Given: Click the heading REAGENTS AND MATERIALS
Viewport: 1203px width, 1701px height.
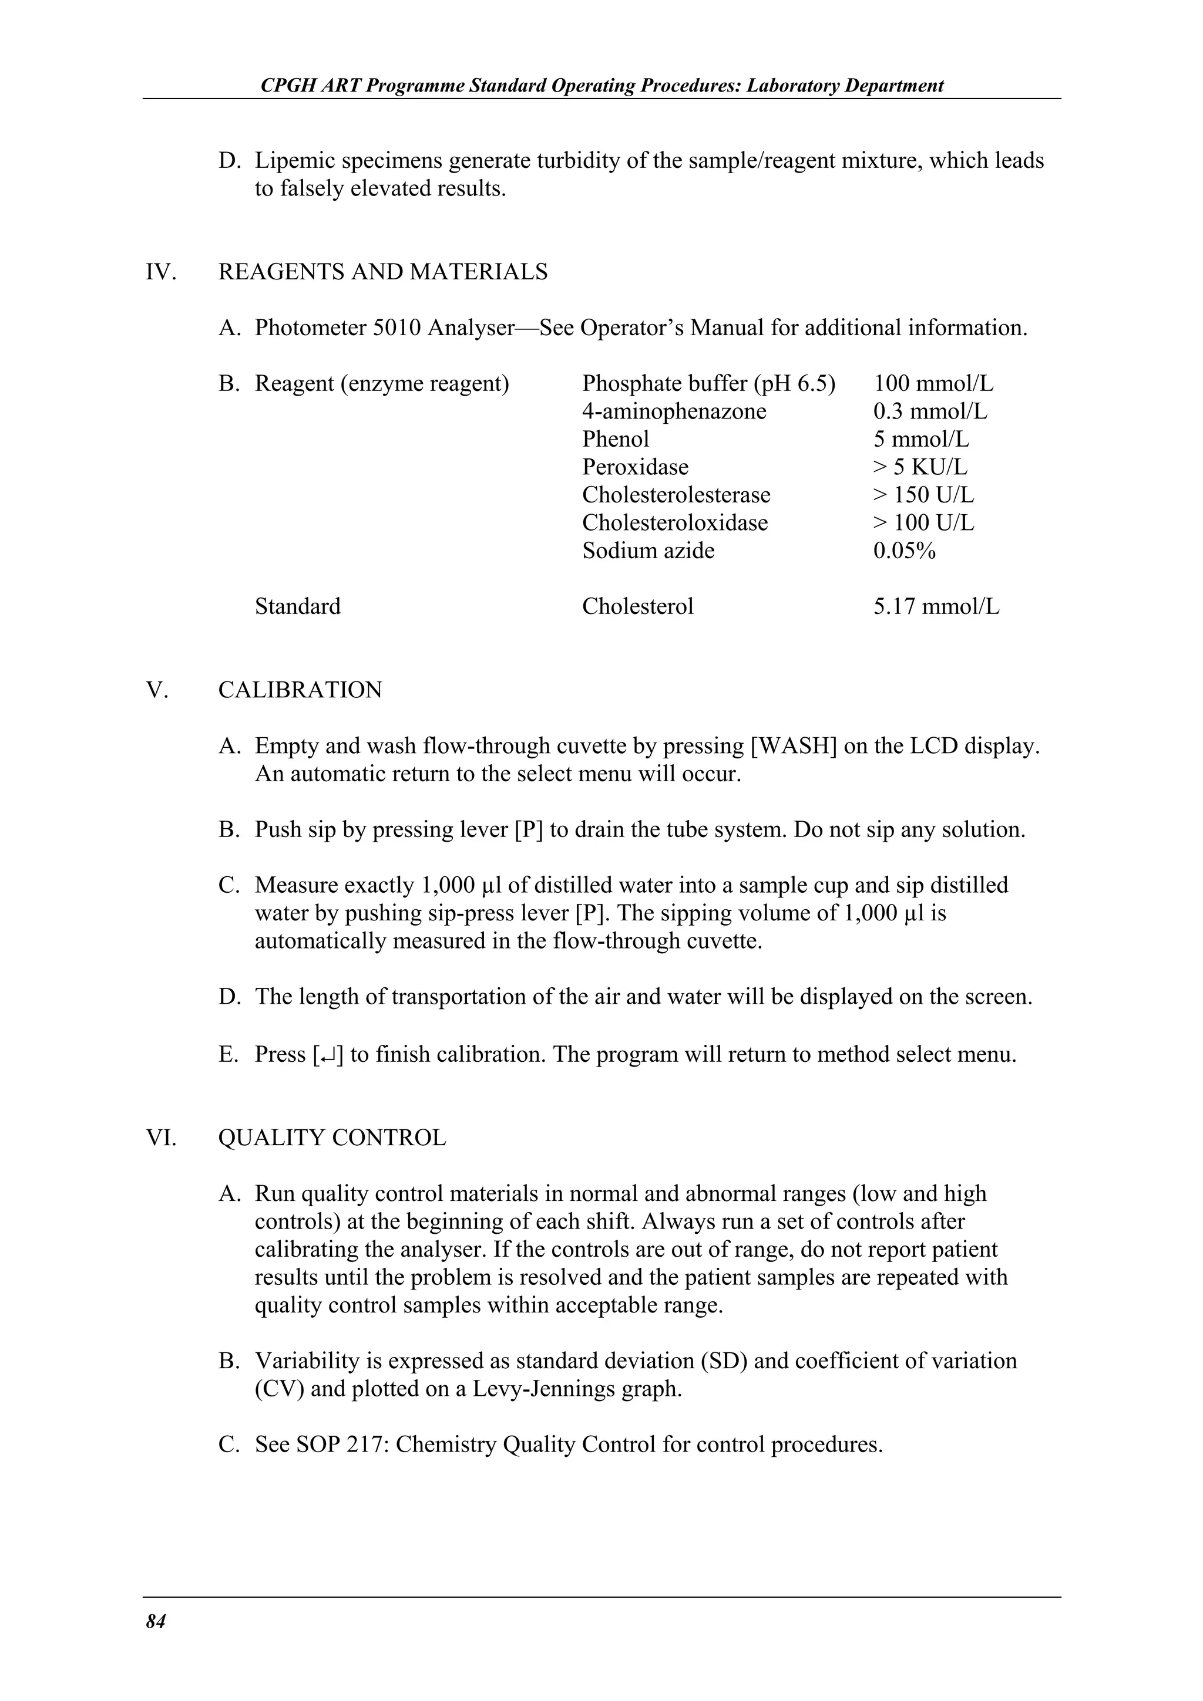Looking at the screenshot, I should pyautogui.click(x=382, y=272).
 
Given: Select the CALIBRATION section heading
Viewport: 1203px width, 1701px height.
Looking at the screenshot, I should pyautogui.click(x=300, y=690).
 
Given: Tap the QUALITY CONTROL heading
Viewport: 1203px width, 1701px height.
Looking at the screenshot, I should pyautogui.click(x=332, y=1137).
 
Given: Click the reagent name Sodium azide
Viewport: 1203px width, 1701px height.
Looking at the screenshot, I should pyautogui.click(x=648, y=551).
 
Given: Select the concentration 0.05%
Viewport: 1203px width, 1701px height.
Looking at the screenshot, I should pyautogui.click(x=903, y=551).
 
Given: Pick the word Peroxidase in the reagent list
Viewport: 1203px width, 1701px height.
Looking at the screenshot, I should pyautogui.click(x=634, y=467).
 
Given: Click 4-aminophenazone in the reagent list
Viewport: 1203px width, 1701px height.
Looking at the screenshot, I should pyautogui.click(x=674, y=411).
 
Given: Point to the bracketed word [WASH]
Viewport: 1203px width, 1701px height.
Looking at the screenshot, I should pyautogui.click(x=793, y=746).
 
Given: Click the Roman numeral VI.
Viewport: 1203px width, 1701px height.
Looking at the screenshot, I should pyautogui.click(x=161, y=1137).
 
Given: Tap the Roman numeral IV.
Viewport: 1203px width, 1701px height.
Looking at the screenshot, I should pyautogui.click(x=161, y=272).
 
